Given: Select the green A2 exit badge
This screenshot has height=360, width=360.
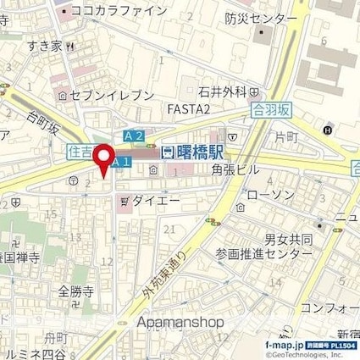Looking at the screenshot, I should click(133, 136).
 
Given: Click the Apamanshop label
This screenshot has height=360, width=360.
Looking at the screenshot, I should click(179, 323).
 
